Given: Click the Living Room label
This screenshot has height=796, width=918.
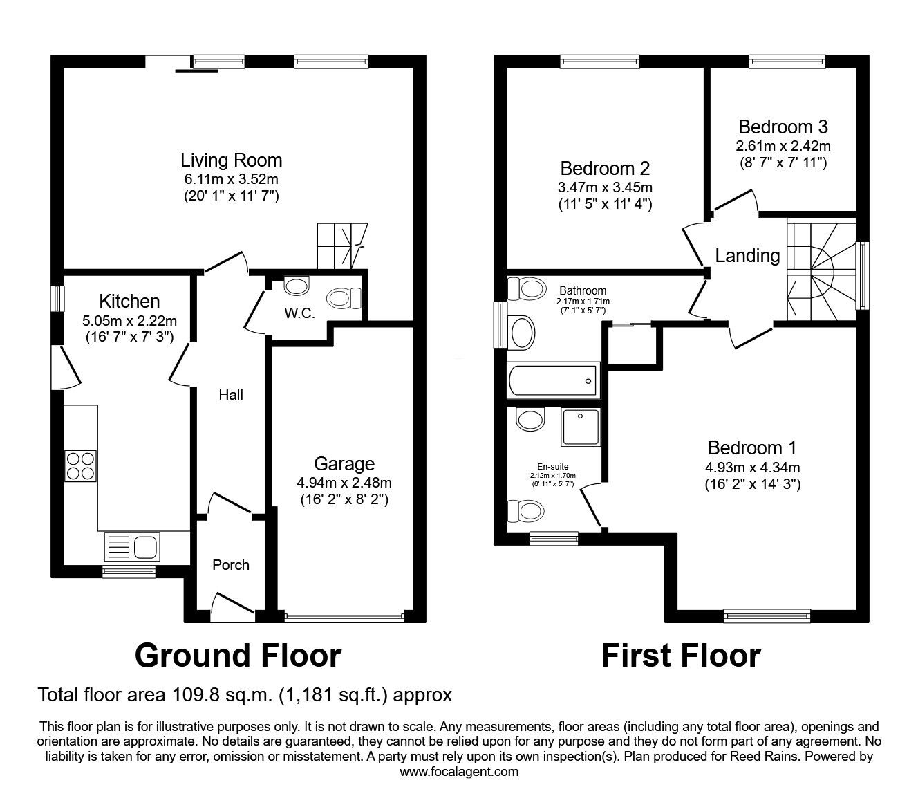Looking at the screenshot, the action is click(x=231, y=160).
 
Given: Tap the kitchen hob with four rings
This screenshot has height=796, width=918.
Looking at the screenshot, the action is click(x=80, y=466).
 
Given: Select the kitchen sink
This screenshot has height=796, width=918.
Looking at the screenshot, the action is click(x=132, y=546).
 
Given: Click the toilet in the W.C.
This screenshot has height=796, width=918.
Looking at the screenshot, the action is click(x=344, y=297).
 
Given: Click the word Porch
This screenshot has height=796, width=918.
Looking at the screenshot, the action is click(x=230, y=565).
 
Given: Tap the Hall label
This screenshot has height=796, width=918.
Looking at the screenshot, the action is click(x=230, y=395).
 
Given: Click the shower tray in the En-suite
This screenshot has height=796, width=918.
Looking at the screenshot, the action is click(x=581, y=427).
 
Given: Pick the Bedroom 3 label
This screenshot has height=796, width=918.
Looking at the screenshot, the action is click(x=783, y=127).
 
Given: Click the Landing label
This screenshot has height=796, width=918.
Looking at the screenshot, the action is click(x=747, y=256).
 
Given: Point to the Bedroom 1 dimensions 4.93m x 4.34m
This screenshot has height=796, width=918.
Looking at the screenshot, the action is click(x=752, y=467).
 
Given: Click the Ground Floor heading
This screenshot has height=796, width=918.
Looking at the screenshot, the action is click(x=238, y=656).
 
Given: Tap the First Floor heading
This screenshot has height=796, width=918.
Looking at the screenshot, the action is click(x=681, y=656).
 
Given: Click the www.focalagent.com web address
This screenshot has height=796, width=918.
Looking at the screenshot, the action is click(x=459, y=771).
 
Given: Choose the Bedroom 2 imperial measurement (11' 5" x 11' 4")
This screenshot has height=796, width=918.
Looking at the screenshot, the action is click(x=605, y=204).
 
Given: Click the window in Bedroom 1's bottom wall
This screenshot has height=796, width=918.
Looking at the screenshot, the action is click(x=767, y=615).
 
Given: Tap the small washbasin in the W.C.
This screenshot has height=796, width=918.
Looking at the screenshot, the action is click(x=297, y=286).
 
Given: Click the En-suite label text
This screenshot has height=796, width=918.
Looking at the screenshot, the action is click(x=553, y=466).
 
